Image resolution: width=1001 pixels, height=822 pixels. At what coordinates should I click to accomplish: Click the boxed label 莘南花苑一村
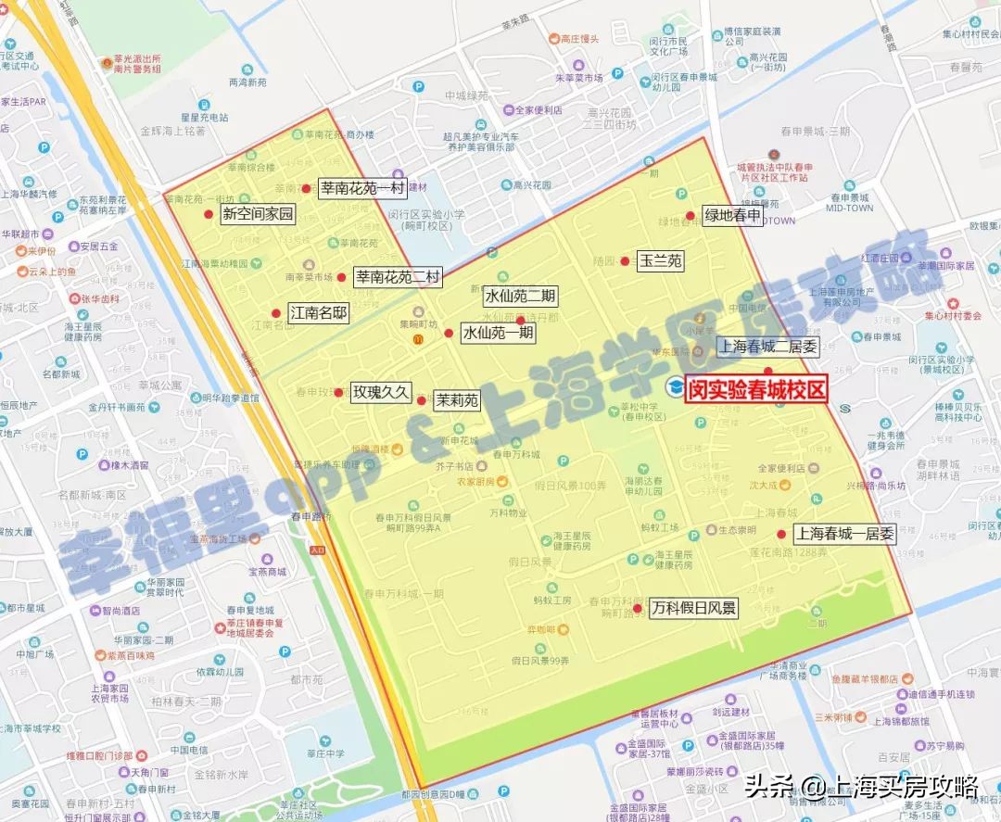tap(362, 188)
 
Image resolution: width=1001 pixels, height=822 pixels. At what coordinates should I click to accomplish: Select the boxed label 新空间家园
tap(258, 215)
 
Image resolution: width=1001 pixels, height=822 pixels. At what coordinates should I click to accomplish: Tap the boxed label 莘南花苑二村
tap(399, 276)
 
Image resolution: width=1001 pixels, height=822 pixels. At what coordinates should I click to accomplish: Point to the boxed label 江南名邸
tap(318, 313)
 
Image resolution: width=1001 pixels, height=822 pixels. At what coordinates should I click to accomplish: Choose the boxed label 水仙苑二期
tap(520, 297)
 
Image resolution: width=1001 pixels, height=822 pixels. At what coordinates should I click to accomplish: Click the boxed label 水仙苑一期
tap(498, 332)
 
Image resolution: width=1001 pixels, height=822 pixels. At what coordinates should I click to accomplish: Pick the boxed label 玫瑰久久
tap(380, 392)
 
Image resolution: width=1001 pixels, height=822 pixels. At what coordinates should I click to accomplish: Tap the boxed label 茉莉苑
tap(457, 400)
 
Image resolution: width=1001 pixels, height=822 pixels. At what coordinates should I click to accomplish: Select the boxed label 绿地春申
tap(732, 216)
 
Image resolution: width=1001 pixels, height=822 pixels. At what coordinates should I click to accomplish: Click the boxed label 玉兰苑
tap(661, 261)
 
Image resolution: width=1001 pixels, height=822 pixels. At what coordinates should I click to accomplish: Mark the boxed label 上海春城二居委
tap(768, 348)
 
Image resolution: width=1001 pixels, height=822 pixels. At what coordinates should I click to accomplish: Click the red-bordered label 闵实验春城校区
tap(755, 390)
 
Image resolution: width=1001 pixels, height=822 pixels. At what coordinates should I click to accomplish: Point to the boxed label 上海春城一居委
tap(843, 534)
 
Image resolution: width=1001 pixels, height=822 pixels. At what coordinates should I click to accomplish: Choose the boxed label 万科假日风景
tap(693, 609)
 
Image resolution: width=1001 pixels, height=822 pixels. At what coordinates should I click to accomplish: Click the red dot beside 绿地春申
tap(691, 216)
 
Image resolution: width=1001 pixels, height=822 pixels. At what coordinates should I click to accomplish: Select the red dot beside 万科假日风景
tap(637, 609)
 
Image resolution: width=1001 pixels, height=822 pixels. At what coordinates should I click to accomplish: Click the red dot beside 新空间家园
tap(209, 214)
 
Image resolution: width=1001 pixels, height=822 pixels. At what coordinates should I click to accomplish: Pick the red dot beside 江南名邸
tap(275, 313)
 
